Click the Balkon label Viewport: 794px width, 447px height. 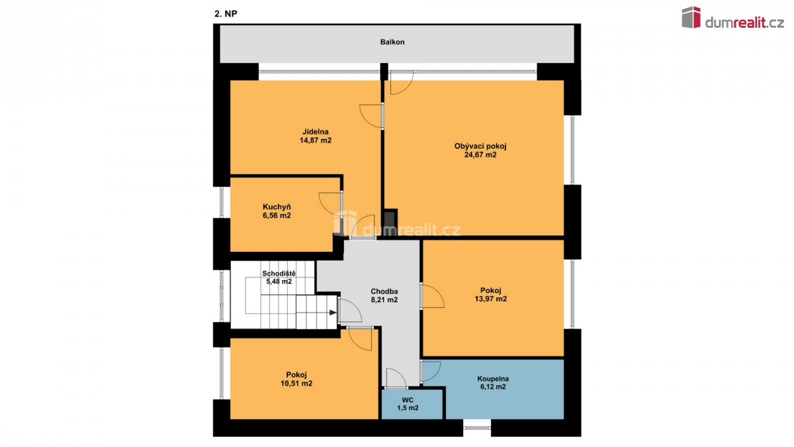[392, 42]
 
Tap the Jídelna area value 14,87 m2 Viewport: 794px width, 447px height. [316, 140]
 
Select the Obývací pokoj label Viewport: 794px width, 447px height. [480, 146]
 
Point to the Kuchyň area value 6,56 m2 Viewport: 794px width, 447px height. [277, 215]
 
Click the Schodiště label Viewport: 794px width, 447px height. [279, 273]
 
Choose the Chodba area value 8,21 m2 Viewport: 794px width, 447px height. [384, 300]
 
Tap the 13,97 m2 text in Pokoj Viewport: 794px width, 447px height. [490, 299]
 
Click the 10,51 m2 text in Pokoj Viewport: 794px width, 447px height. [296, 383]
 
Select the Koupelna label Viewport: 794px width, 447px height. [493, 379]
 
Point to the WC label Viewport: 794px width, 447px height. [408, 400]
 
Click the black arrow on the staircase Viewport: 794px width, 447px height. [333, 313]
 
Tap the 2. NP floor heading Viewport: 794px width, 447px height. [226, 13]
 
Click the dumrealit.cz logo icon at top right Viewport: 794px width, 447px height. [691, 17]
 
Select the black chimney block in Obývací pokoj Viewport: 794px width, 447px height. [390, 222]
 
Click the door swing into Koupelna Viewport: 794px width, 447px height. [431, 372]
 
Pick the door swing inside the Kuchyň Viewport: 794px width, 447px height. [330, 203]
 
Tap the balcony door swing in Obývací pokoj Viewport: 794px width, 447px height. [402, 83]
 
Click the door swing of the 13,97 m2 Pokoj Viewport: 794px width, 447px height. [433, 296]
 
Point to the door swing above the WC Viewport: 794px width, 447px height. [396, 378]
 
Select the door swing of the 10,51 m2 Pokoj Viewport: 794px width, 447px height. [360, 340]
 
